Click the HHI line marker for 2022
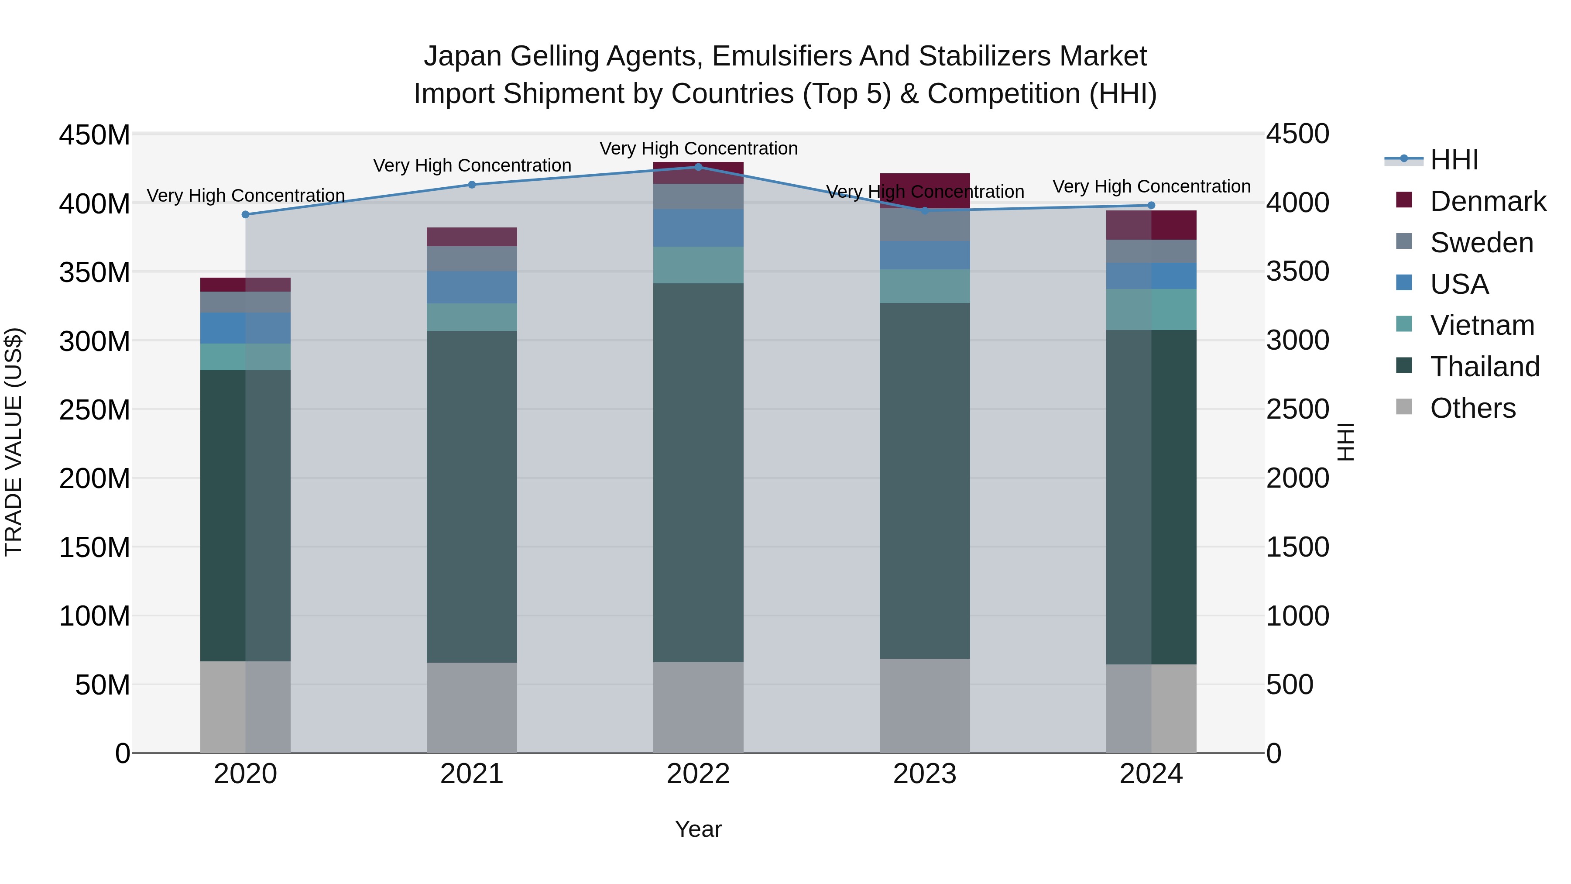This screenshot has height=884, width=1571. tap(698, 167)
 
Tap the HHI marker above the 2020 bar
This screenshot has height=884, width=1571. tap(245, 215)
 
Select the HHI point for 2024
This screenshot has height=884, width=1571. tap(1151, 206)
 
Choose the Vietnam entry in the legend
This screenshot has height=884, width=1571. tap(1482, 325)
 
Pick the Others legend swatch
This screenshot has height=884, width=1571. tap(1404, 407)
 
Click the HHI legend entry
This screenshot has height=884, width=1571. tap(1454, 160)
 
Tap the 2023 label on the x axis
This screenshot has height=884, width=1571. tap(925, 774)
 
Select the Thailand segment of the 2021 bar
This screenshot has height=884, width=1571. tap(471, 497)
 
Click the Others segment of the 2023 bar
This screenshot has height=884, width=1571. tap(925, 705)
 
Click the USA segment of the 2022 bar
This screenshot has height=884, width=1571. tap(698, 227)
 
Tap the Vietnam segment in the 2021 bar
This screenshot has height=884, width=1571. tap(471, 317)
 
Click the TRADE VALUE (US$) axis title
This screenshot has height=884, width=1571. tap(14, 442)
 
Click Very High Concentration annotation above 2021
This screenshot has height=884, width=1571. tap(472, 166)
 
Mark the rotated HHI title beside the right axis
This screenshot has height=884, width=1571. tap(1345, 442)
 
